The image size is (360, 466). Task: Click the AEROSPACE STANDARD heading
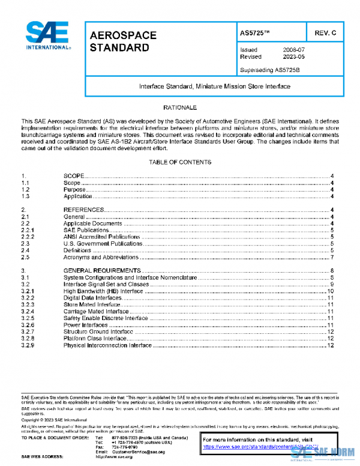(x=122, y=41)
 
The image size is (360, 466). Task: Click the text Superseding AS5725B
(x=269, y=70)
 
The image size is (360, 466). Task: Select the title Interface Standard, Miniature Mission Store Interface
(x=214, y=86)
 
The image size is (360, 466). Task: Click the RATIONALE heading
(x=179, y=107)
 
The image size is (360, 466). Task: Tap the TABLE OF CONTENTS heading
(x=179, y=163)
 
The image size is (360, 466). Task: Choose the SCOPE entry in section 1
(x=74, y=175)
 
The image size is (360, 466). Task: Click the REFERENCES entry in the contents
(x=84, y=209)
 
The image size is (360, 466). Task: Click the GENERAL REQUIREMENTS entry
(x=102, y=271)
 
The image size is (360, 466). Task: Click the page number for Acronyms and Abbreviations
(x=332, y=257)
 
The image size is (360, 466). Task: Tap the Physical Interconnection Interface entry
(x=107, y=346)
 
